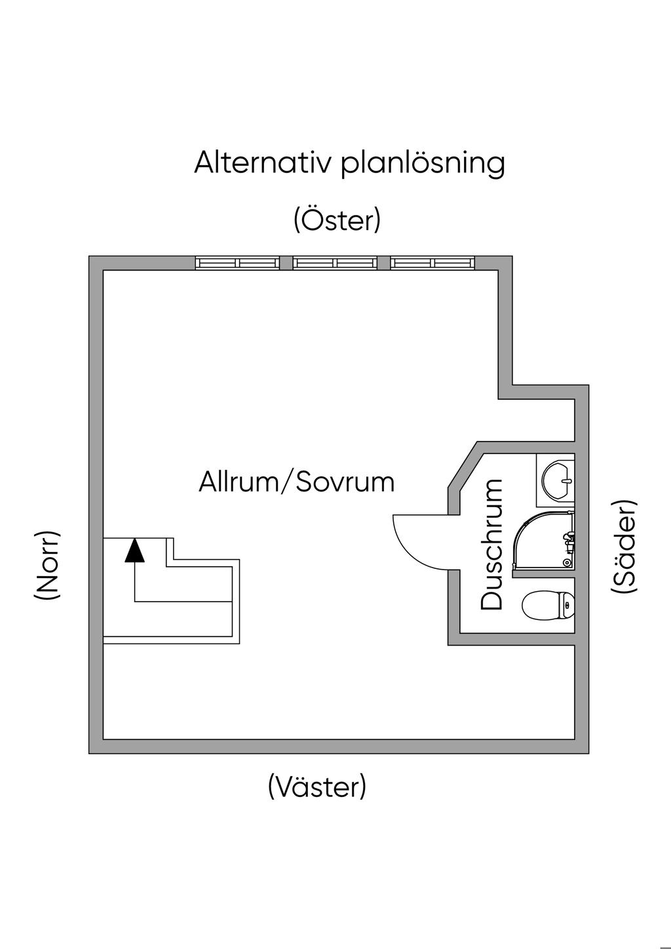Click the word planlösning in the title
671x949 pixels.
point(423,164)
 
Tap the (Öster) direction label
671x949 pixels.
point(337,220)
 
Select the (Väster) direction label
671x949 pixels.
point(317,786)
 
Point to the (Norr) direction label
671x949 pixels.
point(48,564)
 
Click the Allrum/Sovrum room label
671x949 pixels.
point(296,482)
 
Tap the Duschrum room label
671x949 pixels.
point(491,545)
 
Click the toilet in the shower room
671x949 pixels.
point(548,604)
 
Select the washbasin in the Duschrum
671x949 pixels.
point(556,479)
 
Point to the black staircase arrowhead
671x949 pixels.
point(135,551)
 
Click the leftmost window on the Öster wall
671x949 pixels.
point(237,263)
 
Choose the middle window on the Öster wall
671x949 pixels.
point(335,263)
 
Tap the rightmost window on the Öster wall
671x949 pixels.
point(432,263)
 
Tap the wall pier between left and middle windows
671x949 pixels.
point(286,263)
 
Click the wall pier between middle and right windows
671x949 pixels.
point(384,263)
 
